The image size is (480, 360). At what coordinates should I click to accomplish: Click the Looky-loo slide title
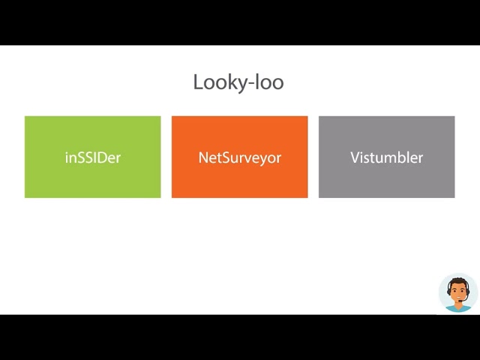(x=238, y=82)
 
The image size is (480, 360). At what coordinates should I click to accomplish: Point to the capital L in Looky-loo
(x=198, y=82)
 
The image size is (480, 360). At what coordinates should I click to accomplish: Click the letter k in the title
(x=228, y=81)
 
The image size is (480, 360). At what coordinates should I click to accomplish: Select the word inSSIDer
(x=93, y=157)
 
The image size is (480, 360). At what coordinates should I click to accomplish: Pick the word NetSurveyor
(x=240, y=158)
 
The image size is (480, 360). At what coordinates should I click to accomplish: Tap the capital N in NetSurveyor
(x=203, y=157)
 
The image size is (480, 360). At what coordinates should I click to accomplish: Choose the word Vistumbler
(x=387, y=157)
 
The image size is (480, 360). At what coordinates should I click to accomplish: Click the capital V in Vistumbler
(x=355, y=157)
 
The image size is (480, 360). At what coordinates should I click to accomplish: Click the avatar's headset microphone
(x=460, y=301)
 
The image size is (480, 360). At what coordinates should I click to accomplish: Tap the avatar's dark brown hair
(x=457, y=282)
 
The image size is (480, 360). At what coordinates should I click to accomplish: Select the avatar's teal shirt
(x=458, y=308)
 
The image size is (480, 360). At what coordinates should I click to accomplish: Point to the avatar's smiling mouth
(x=457, y=298)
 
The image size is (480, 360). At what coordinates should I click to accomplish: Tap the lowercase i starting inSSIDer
(x=67, y=157)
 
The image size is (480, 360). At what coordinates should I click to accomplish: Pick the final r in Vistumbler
(x=420, y=159)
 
